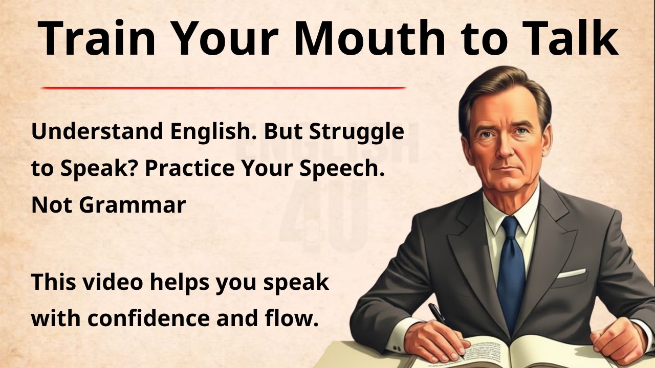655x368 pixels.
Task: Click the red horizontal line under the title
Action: point(223,88)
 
